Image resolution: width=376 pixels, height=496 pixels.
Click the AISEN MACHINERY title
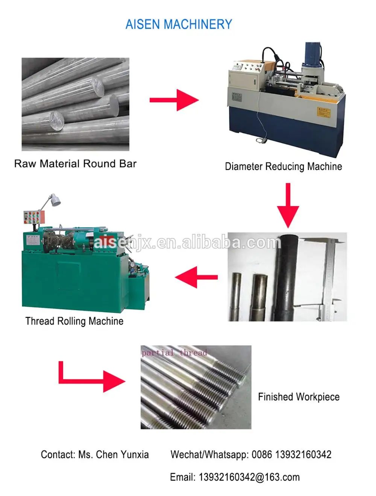click(x=179, y=24)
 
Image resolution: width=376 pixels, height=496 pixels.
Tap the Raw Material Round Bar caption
click(x=75, y=164)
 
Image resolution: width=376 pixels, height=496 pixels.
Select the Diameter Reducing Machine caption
click(x=283, y=167)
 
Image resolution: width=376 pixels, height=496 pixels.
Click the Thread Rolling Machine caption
click(x=74, y=321)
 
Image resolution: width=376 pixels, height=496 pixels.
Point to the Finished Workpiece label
click(x=299, y=397)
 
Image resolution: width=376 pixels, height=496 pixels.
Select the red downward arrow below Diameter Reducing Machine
click(x=288, y=205)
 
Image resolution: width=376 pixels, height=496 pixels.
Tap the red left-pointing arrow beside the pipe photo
click(x=196, y=278)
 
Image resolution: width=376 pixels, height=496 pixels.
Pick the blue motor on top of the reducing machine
click(x=312, y=55)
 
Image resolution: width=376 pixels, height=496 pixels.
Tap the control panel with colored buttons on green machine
click(x=33, y=218)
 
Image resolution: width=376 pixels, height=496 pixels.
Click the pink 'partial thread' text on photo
click(x=174, y=353)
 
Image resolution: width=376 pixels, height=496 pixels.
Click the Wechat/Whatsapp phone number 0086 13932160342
click(x=291, y=455)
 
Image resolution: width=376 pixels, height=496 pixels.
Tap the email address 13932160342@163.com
click(x=249, y=477)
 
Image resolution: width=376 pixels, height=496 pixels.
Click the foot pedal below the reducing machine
click(x=260, y=140)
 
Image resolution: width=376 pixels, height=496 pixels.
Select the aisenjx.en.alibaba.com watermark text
click(x=187, y=243)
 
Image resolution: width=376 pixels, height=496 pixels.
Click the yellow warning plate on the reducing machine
click(x=323, y=112)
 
